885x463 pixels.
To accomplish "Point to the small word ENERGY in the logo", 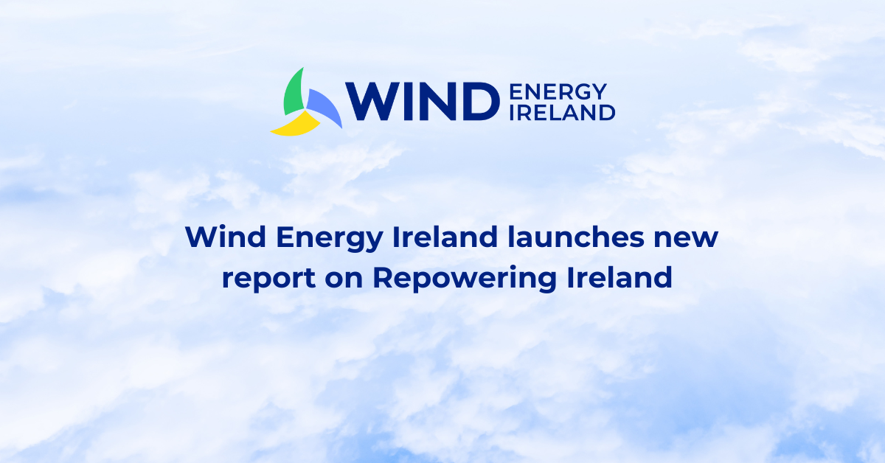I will point(558,91).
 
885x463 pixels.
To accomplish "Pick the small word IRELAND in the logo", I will point(562,112).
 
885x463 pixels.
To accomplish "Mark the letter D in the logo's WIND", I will point(476,101).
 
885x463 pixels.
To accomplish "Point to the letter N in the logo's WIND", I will point(437,101).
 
